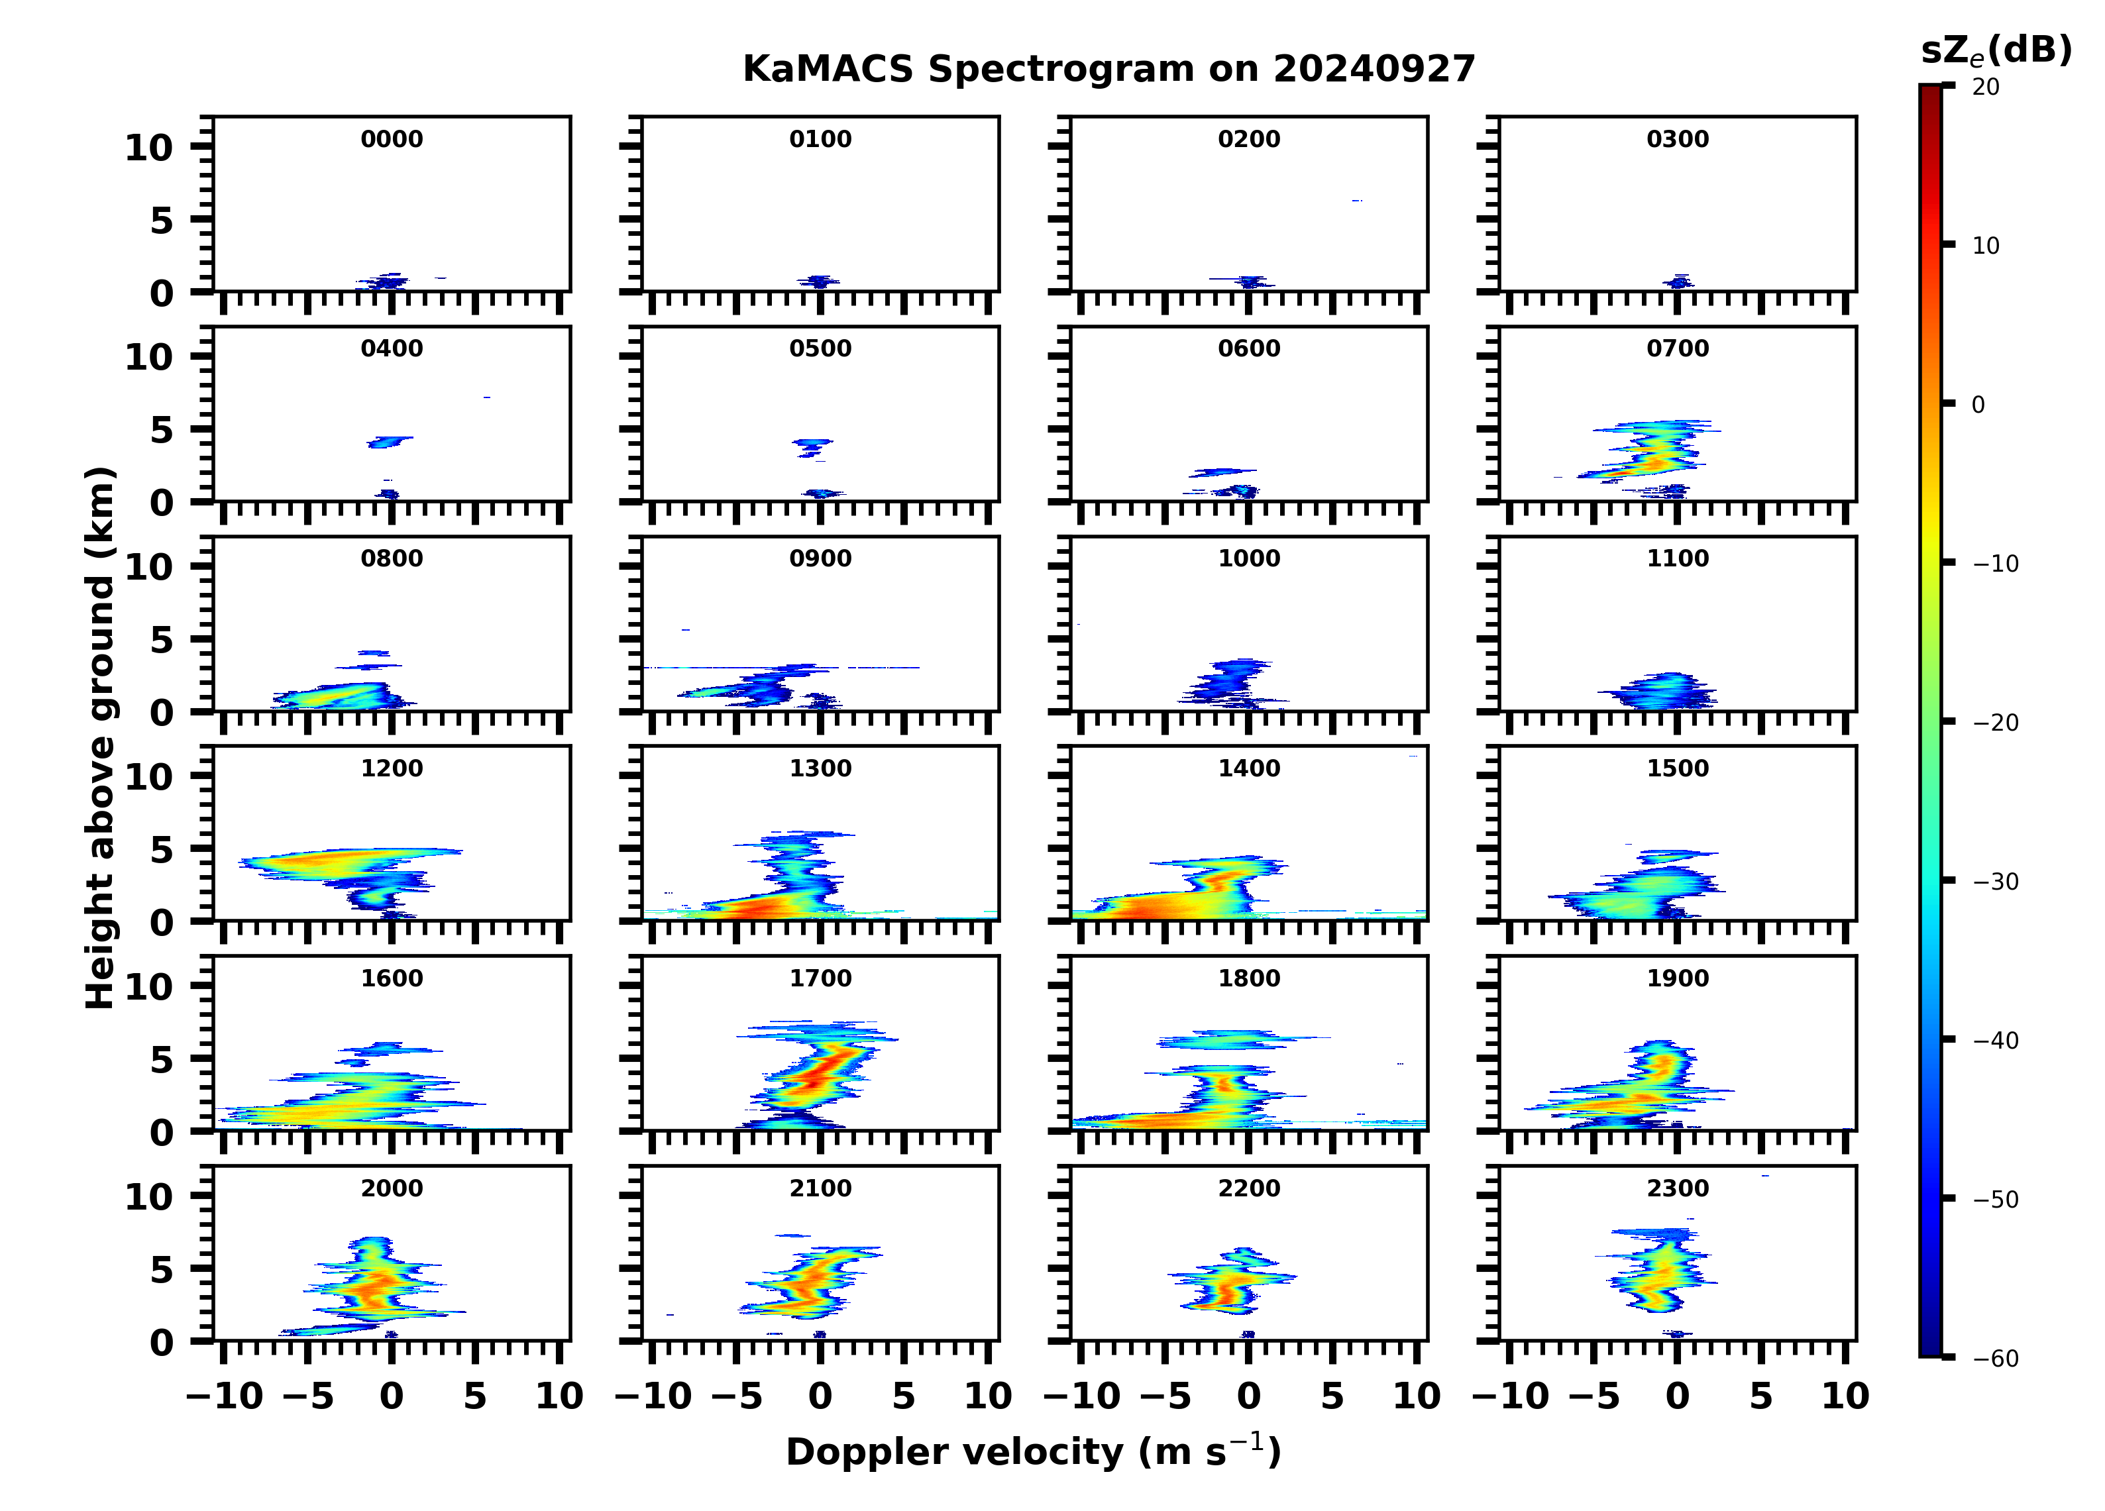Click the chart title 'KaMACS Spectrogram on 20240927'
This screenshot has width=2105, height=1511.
pos(1108,70)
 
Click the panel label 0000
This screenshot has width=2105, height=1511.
pos(392,139)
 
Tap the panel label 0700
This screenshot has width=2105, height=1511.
pos(1677,349)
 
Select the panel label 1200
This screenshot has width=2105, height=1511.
pos(392,768)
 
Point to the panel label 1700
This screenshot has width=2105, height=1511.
pos(820,978)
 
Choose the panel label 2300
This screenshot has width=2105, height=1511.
pos(1677,1188)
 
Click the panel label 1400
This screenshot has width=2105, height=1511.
pos(1248,768)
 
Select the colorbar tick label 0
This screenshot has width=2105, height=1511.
pos(1978,405)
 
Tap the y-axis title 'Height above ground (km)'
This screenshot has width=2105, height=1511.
pos(100,738)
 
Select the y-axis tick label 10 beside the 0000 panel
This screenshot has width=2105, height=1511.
pos(148,148)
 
